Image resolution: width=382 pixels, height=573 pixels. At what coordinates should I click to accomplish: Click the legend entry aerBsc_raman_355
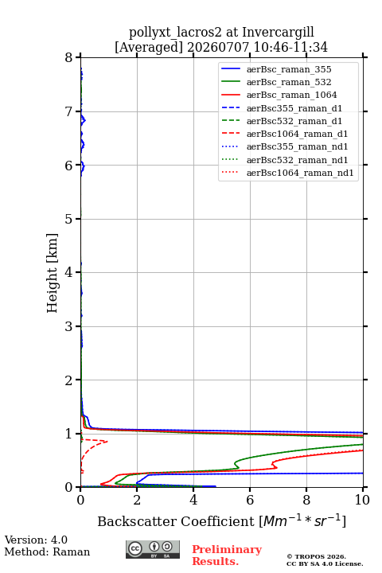(x=289, y=69)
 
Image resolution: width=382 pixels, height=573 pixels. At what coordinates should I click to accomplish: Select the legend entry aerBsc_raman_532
(x=289, y=82)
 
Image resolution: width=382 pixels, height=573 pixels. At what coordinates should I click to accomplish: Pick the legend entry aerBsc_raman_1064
(x=292, y=95)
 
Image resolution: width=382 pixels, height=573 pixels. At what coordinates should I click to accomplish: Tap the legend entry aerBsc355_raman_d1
(x=294, y=108)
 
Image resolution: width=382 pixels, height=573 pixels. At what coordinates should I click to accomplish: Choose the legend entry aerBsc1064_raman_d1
(x=297, y=134)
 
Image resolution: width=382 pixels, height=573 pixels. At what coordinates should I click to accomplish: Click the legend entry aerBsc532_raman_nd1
(x=297, y=160)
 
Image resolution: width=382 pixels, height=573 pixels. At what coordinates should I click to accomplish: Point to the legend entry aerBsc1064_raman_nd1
(x=300, y=173)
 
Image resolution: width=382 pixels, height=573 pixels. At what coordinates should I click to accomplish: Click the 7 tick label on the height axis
(x=68, y=111)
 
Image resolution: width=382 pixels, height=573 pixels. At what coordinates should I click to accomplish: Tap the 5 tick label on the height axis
(x=68, y=219)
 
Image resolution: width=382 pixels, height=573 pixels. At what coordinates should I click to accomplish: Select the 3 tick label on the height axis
(x=68, y=326)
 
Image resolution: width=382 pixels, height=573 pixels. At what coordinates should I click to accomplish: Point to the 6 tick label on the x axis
(x=250, y=500)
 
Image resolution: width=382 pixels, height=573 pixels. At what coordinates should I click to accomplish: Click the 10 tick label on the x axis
(x=362, y=500)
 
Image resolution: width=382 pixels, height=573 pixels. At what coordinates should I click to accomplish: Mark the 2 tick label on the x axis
(x=137, y=500)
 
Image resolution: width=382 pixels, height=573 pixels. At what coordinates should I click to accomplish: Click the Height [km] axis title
(x=53, y=273)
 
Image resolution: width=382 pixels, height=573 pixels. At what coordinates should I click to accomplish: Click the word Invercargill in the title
(x=278, y=33)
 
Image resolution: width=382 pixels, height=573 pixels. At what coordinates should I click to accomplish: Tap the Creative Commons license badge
(x=153, y=549)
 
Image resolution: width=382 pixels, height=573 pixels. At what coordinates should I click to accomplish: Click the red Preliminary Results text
(x=227, y=555)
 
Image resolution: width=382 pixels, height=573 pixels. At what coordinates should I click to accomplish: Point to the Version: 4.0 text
(x=36, y=540)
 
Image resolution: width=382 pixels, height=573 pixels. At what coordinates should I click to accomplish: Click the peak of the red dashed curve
(x=107, y=442)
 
